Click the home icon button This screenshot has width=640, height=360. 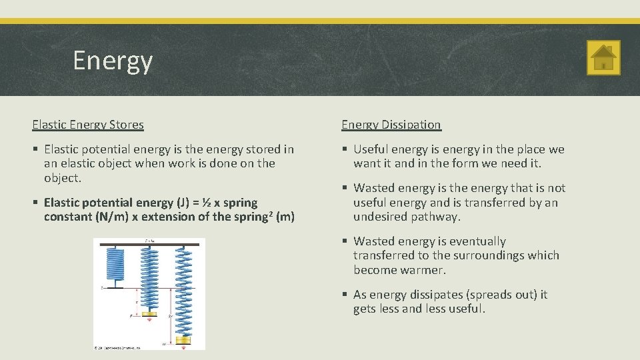point(603,57)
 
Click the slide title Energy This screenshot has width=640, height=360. point(113,61)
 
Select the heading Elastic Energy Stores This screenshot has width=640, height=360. point(88,125)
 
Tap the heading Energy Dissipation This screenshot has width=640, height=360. point(391,125)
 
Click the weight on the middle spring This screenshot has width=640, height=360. point(149,314)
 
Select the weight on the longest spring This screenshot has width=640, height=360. point(183,341)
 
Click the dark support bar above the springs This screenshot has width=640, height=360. point(149,245)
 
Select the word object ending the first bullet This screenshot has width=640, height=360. point(62,178)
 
